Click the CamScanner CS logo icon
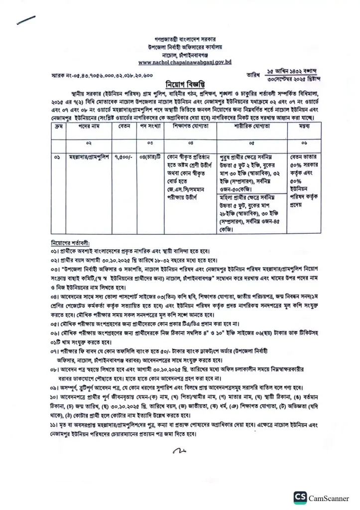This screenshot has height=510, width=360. pyautogui.click(x=300, y=498)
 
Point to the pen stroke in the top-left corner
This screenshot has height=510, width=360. pyautogui.click(x=26, y=19)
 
